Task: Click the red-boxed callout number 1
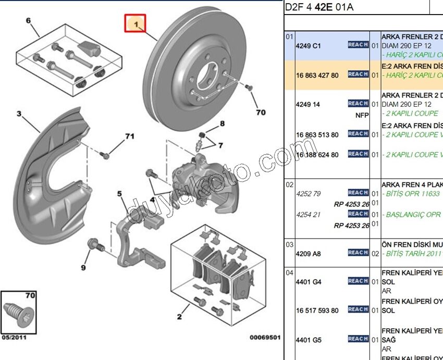tap(135, 24)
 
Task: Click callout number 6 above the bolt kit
tap(29, 21)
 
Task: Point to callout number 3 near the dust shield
tap(19, 114)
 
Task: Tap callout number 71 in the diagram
tap(129, 136)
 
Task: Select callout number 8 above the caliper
tap(222, 123)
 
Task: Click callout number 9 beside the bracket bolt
tap(83, 268)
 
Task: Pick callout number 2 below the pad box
tap(179, 316)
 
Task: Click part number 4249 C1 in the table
tap(309, 45)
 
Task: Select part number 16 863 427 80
tap(317, 75)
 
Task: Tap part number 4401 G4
tap(309, 282)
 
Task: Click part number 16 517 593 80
tap(317, 311)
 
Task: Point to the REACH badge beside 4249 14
tap(358, 104)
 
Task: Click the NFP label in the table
tap(362, 115)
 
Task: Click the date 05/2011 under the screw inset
tap(14, 338)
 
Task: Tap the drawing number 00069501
tap(265, 338)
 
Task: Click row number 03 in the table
tap(289, 244)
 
